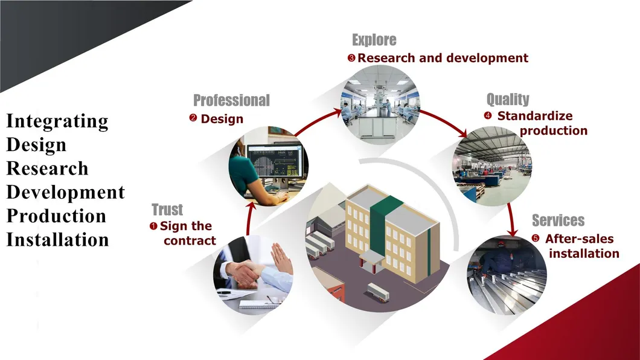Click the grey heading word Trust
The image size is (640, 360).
click(x=167, y=210)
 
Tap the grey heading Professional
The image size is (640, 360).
click(x=231, y=100)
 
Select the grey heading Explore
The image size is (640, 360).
click(x=374, y=40)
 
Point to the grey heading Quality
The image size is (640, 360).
click(x=508, y=99)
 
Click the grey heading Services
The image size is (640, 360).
click(x=558, y=220)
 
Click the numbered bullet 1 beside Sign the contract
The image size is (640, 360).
click(x=153, y=226)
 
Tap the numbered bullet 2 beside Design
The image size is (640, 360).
click(x=193, y=118)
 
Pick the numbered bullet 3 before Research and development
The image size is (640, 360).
click(x=351, y=58)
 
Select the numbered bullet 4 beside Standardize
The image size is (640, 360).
click(x=488, y=115)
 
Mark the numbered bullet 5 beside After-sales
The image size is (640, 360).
click(x=536, y=239)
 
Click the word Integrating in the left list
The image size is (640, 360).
click(x=57, y=121)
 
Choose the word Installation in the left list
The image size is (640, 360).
click(x=57, y=240)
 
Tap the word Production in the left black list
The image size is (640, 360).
click(x=56, y=216)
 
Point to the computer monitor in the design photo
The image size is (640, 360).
click(x=275, y=162)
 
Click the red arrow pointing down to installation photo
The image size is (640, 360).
click(x=511, y=220)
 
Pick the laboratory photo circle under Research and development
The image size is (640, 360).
click(x=380, y=104)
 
